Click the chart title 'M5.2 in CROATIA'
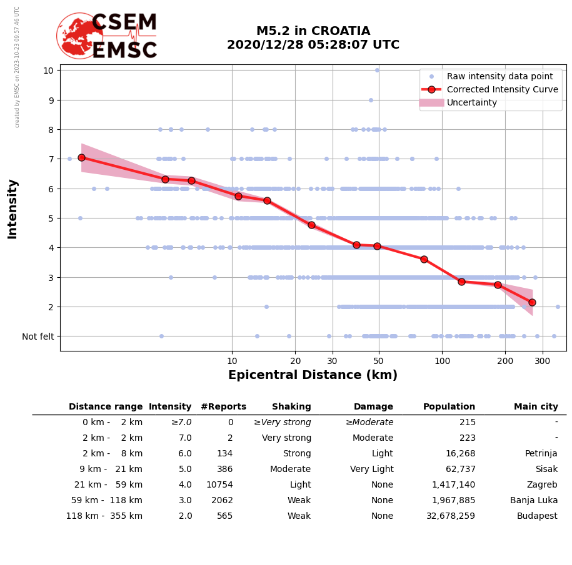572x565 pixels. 313,31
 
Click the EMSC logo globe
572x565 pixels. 79,36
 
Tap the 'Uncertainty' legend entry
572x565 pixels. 471,102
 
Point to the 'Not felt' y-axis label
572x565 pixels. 38,337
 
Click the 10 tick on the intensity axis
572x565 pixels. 48,70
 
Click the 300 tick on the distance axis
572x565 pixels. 543,361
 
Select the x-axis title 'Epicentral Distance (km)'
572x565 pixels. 313,375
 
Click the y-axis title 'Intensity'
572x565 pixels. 13,209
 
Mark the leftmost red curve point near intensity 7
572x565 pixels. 81,157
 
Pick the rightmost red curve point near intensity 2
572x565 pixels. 532,302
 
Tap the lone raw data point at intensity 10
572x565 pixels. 377,70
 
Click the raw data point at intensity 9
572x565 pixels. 371,100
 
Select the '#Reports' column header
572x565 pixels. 223,407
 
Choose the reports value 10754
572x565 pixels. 218,485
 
